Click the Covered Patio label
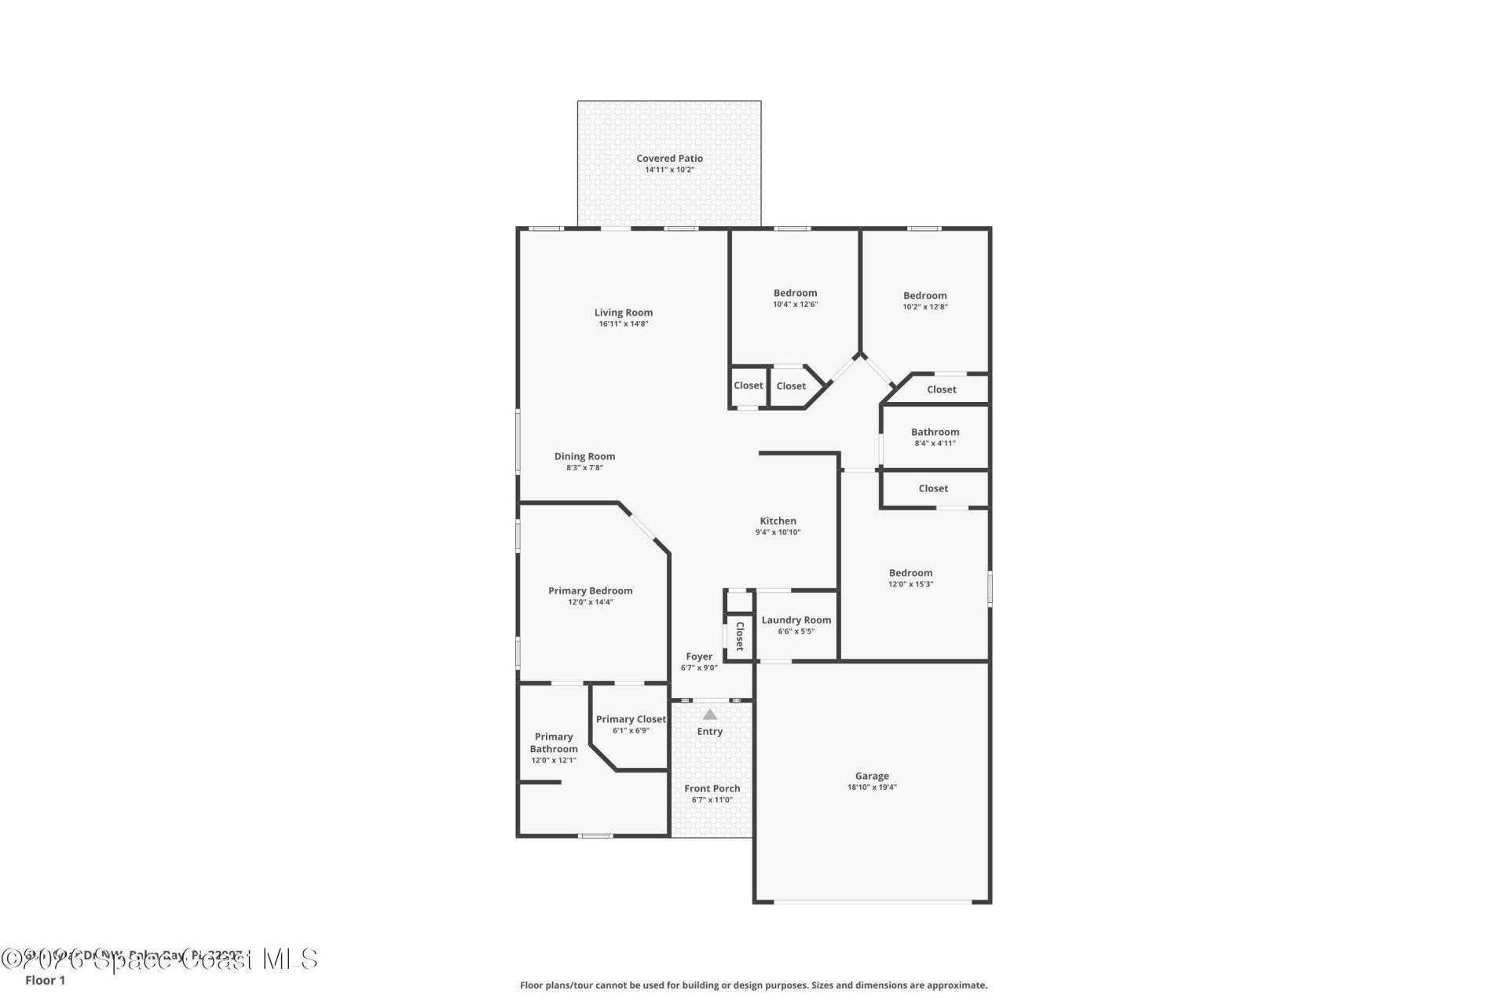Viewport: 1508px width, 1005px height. click(669, 159)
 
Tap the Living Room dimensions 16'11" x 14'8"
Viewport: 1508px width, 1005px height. click(623, 323)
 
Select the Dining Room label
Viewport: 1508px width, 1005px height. click(584, 456)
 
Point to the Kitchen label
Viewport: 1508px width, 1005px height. click(778, 521)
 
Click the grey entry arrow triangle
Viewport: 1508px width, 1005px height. click(710, 714)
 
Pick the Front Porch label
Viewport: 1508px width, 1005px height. click(712, 788)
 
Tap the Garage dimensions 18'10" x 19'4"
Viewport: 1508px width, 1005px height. click(872, 787)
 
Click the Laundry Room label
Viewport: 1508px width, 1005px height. click(796, 620)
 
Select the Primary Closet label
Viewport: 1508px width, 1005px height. click(631, 719)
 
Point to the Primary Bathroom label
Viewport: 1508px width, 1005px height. click(554, 743)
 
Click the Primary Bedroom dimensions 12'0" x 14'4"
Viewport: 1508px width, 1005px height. click(590, 602)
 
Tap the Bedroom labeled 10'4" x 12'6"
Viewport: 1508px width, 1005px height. click(795, 293)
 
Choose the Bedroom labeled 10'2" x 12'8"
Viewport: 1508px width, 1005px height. click(924, 296)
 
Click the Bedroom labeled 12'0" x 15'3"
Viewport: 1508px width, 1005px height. click(910, 573)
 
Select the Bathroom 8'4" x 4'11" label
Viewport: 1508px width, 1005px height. click(935, 432)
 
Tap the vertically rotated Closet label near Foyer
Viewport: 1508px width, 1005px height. click(739, 636)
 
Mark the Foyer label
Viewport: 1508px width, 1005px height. click(699, 656)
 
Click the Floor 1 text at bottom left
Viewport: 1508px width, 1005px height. click(45, 980)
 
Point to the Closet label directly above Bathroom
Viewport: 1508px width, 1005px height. click(941, 389)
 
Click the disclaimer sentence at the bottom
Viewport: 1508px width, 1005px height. click(753, 985)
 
